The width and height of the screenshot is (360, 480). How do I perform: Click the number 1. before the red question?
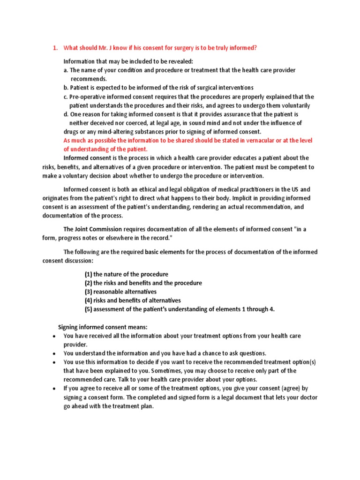pyautogui.click(x=54, y=48)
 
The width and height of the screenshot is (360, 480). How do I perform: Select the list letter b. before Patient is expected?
pyautogui.click(x=66, y=88)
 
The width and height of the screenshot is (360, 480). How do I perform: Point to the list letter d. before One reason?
pyautogui.click(x=66, y=114)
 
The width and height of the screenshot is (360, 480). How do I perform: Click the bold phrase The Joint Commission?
pyautogui.click(x=92, y=229)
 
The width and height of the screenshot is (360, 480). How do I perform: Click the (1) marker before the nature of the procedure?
pyautogui.click(x=88, y=274)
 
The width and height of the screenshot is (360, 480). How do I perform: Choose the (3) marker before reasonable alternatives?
pyautogui.click(x=88, y=292)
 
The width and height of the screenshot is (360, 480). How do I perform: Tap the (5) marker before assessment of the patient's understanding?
pyautogui.click(x=88, y=309)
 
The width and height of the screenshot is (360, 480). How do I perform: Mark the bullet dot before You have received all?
pyautogui.click(x=54, y=337)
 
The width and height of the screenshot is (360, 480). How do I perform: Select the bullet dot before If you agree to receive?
pyautogui.click(x=54, y=389)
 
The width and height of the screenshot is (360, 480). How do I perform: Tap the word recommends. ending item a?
pyautogui.click(x=89, y=79)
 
